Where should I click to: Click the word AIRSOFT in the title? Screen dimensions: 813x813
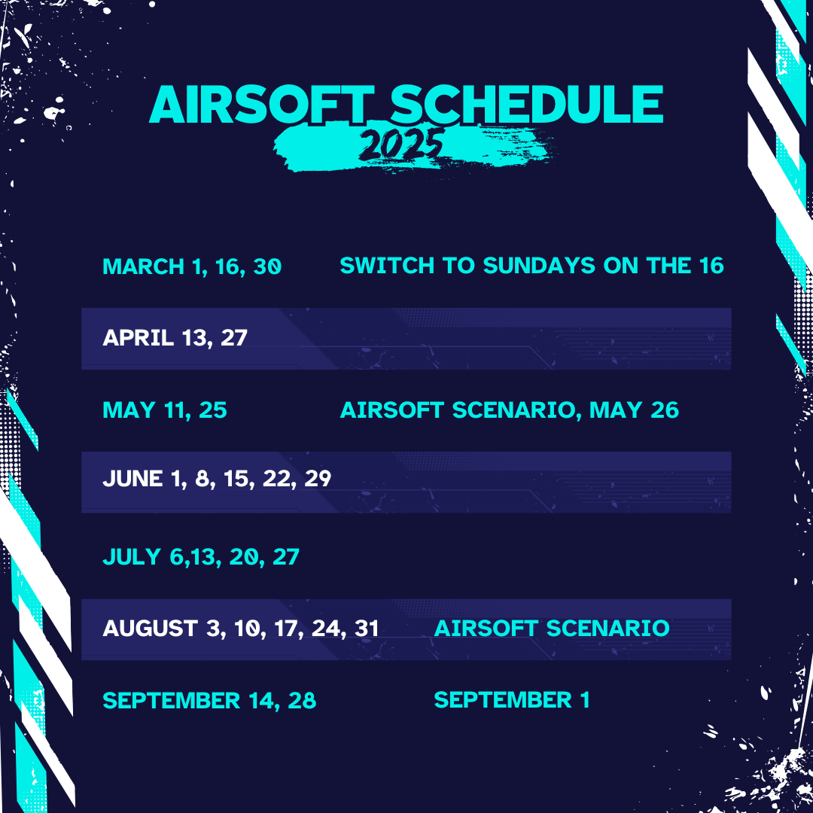tap(261, 105)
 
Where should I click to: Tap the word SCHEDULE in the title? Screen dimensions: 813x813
tap(526, 105)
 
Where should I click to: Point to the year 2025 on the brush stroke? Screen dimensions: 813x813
tap(400, 145)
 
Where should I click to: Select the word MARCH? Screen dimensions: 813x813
tap(144, 266)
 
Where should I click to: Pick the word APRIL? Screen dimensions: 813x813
tap(138, 337)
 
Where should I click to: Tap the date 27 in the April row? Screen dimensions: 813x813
tap(234, 337)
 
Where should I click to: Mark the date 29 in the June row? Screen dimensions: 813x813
tap(318, 479)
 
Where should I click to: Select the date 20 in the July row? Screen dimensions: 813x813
tap(244, 557)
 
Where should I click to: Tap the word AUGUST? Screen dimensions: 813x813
tap(150, 629)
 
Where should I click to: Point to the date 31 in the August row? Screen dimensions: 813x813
tap(367, 629)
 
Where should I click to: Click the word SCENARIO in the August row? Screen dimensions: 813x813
tap(608, 629)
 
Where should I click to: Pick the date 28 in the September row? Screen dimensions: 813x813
tap(302, 701)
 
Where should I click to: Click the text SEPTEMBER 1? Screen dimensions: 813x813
tap(512, 700)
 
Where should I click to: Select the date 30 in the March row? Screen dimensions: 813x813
tap(267, 266)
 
